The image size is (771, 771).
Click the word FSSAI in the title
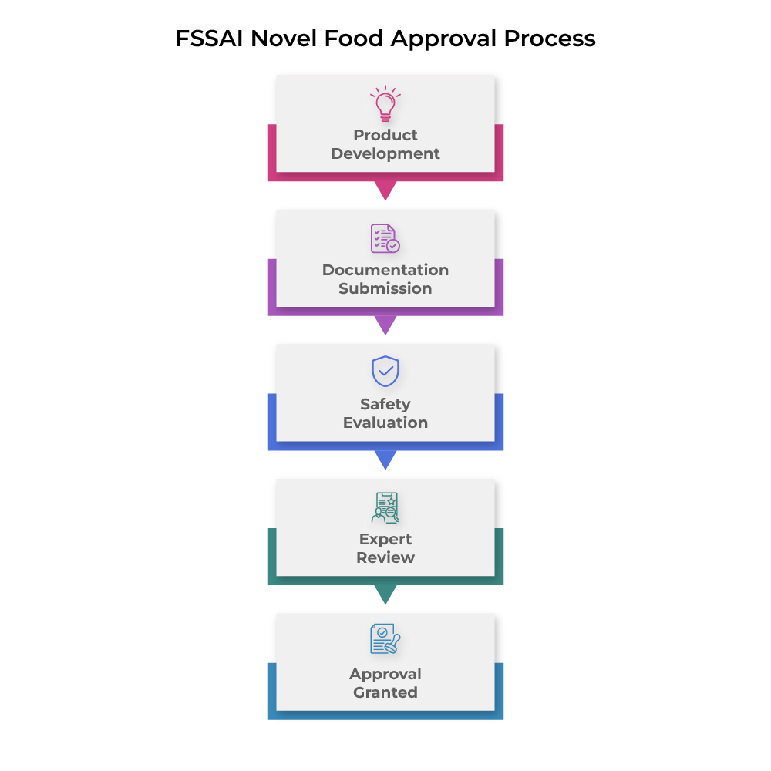[x=210, y=39]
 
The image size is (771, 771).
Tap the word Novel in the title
[x=284, y=39]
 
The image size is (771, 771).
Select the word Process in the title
[x=550, y=39]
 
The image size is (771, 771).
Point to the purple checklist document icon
[x=385, y=238]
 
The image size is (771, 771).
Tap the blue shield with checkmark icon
[x=385, y=372]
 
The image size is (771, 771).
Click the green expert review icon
[x=385, y=507]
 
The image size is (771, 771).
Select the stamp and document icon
[x=385, y=638]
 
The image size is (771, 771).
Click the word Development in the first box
[x=385, y=154]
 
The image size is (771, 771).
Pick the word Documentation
[x=385, y=270]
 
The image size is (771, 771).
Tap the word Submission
[x=385, y=288]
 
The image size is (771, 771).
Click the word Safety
[x=385, y=405]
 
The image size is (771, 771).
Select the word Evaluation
[x=385, y=423]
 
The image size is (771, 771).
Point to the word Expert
[x=385, y=540]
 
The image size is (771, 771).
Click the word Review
[x=385, y=557]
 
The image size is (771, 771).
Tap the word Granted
[x=385, y=692]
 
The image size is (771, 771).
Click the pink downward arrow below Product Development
[x=385, y=190]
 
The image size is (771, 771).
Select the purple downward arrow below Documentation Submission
[x=385, y=324]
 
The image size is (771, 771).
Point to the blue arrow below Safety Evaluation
[x=385, y=459]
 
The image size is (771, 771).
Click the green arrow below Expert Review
[x=385, y=594]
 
